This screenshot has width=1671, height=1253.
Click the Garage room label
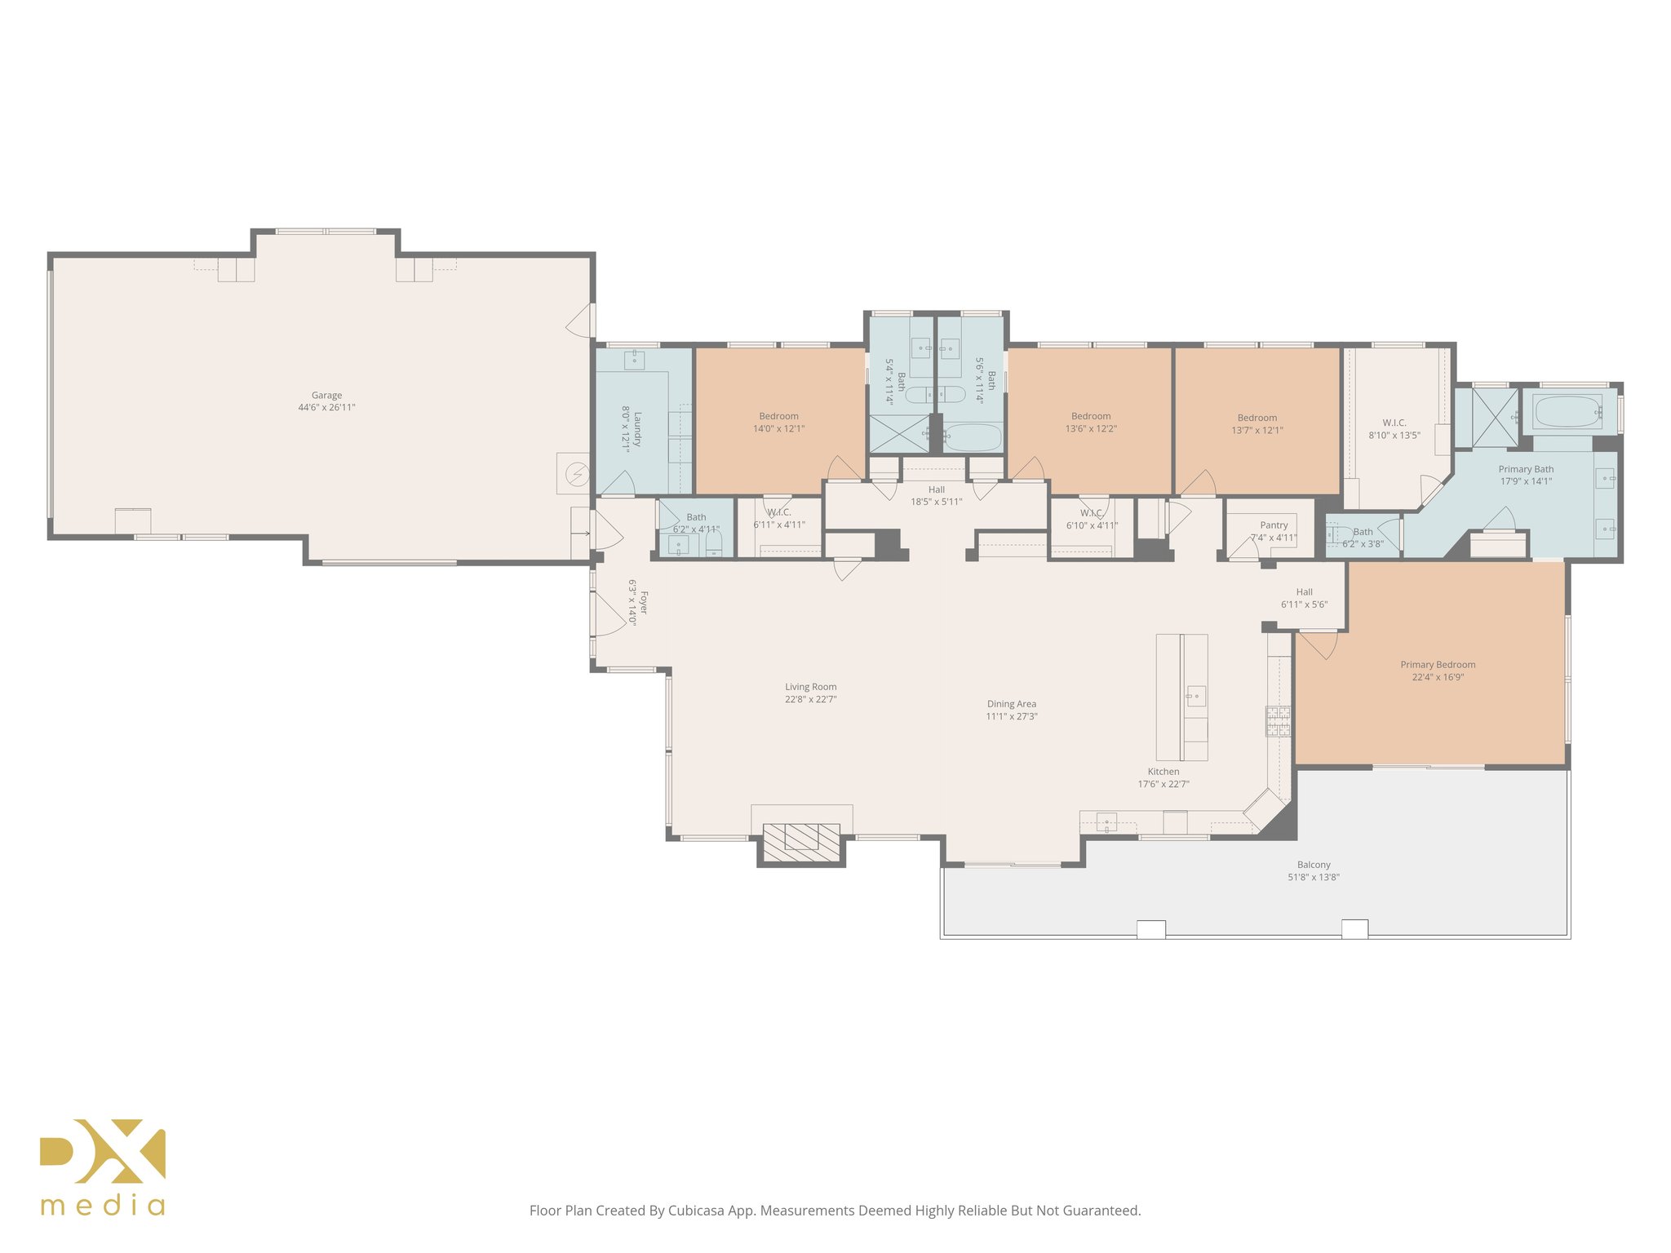[326, 396]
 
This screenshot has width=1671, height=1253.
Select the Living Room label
[811, 687]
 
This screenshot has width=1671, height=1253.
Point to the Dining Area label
[1012, 704]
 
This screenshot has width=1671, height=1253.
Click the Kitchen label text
[1163, 772]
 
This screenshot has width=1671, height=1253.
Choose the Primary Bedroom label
[1438, 665]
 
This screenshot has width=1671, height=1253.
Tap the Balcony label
[1314, 865]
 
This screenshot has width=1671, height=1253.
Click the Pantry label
[1274, 525]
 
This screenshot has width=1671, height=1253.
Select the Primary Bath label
[1526, 469]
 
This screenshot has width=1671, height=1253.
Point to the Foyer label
[644, 603]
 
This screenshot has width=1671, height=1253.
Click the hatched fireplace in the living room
[801, 843]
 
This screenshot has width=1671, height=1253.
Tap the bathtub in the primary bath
[1567, 412]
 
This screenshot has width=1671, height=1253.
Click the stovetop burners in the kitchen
[1278, 721]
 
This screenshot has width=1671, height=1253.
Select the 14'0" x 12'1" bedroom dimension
[778, 429]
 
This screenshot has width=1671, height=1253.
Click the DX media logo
[103, 1167]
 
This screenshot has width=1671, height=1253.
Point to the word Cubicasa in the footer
[696, 1211]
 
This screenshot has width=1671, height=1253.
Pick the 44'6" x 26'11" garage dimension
[326, 408]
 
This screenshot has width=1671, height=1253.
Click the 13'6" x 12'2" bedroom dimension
[1091, 429]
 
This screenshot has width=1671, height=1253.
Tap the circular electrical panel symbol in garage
[578, 473]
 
